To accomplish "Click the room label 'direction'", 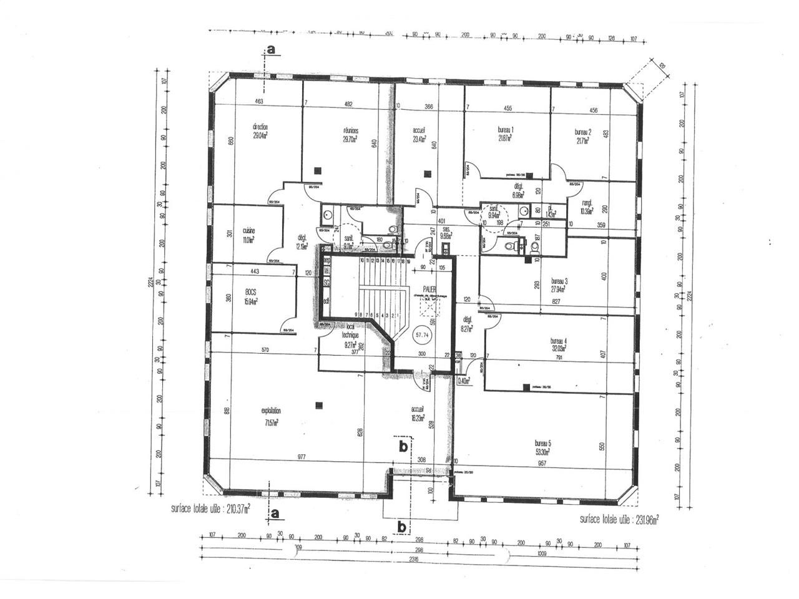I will click(260, 127).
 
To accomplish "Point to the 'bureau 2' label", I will click(583, 132).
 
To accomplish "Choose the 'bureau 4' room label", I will click(558, 341).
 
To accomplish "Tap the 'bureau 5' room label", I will click(542, 442).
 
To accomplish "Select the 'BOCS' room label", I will click(251, 291).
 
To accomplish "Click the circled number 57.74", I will click(424, 334).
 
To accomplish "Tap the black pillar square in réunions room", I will click(318, 169).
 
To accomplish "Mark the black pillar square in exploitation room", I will click(319, 405).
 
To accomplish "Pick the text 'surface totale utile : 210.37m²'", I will click(210, 508).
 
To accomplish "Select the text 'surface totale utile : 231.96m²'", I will click(619, 519).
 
